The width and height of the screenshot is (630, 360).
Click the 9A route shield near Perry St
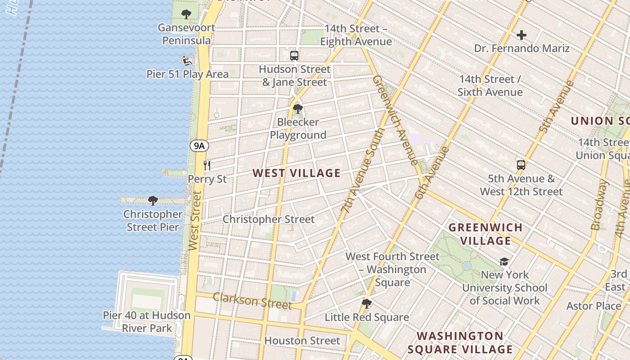tap(199, 145)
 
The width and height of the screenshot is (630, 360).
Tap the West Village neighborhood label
tap(297, 173)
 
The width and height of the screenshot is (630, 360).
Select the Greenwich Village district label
tap(486, 234)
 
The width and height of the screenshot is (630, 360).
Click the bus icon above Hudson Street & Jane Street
tap(294, 56)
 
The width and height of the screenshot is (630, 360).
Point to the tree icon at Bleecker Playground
tap(297, 109)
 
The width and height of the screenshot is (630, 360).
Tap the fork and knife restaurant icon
tap(207, 165)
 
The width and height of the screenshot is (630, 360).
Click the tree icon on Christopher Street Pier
tap(153, 200)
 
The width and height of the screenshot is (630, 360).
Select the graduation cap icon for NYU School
tap(504, 261)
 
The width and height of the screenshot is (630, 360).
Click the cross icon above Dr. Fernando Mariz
tap(522, 35)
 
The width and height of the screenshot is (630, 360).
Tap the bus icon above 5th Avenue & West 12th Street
tap(521, 165)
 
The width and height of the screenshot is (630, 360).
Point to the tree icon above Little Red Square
tap(367, 304)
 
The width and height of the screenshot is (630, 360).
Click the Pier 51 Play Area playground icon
tap(187, 60)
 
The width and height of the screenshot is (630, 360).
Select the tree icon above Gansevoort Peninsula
tap(186, 14)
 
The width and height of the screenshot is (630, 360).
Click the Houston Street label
tap(302, 341)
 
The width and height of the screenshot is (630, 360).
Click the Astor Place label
tap(594, 306)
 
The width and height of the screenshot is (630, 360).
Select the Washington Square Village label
tap(460, 343)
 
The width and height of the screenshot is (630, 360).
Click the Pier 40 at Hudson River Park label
tap(147, 322)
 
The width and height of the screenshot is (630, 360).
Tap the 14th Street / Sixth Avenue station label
tap(490, 85)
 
